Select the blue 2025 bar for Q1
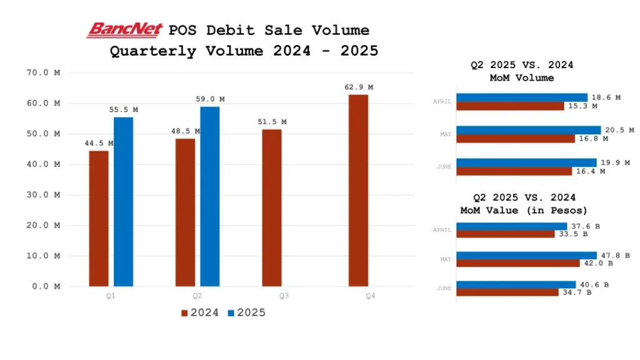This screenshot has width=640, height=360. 123,201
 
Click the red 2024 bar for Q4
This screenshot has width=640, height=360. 358,190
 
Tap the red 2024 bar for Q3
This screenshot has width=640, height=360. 272,207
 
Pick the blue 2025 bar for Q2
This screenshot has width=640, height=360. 210,196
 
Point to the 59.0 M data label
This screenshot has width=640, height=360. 212,99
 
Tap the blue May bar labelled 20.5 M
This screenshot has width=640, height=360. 528,130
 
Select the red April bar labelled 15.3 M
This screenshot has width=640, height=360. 510,106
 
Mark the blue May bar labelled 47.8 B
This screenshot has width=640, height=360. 526,255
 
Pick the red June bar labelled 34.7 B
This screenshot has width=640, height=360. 507,292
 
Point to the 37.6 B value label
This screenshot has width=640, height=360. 582,226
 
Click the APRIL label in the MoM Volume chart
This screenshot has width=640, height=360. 442,101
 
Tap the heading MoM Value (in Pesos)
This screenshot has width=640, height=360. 524,211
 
